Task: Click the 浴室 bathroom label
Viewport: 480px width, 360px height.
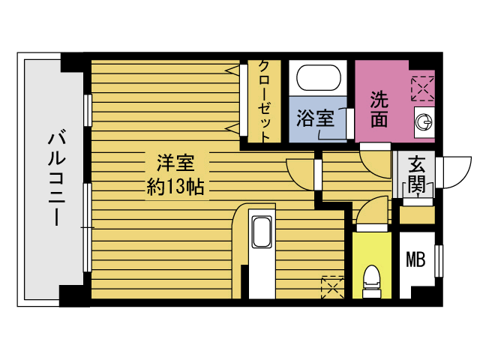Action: [x=315, y=118]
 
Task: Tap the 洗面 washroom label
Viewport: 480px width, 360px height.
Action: [x=380, y=109]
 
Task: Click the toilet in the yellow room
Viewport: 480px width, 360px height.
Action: [x=370, y=282]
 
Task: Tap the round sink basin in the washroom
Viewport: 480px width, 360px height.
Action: [x=424, y=121]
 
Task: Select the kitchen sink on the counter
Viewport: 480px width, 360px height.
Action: [x=261, y=232]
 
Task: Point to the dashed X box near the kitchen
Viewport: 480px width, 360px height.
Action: [x=331, y=287]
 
